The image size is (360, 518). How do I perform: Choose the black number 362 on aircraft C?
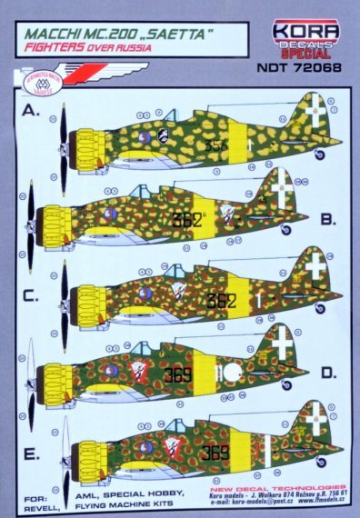(x=220, y=301)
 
